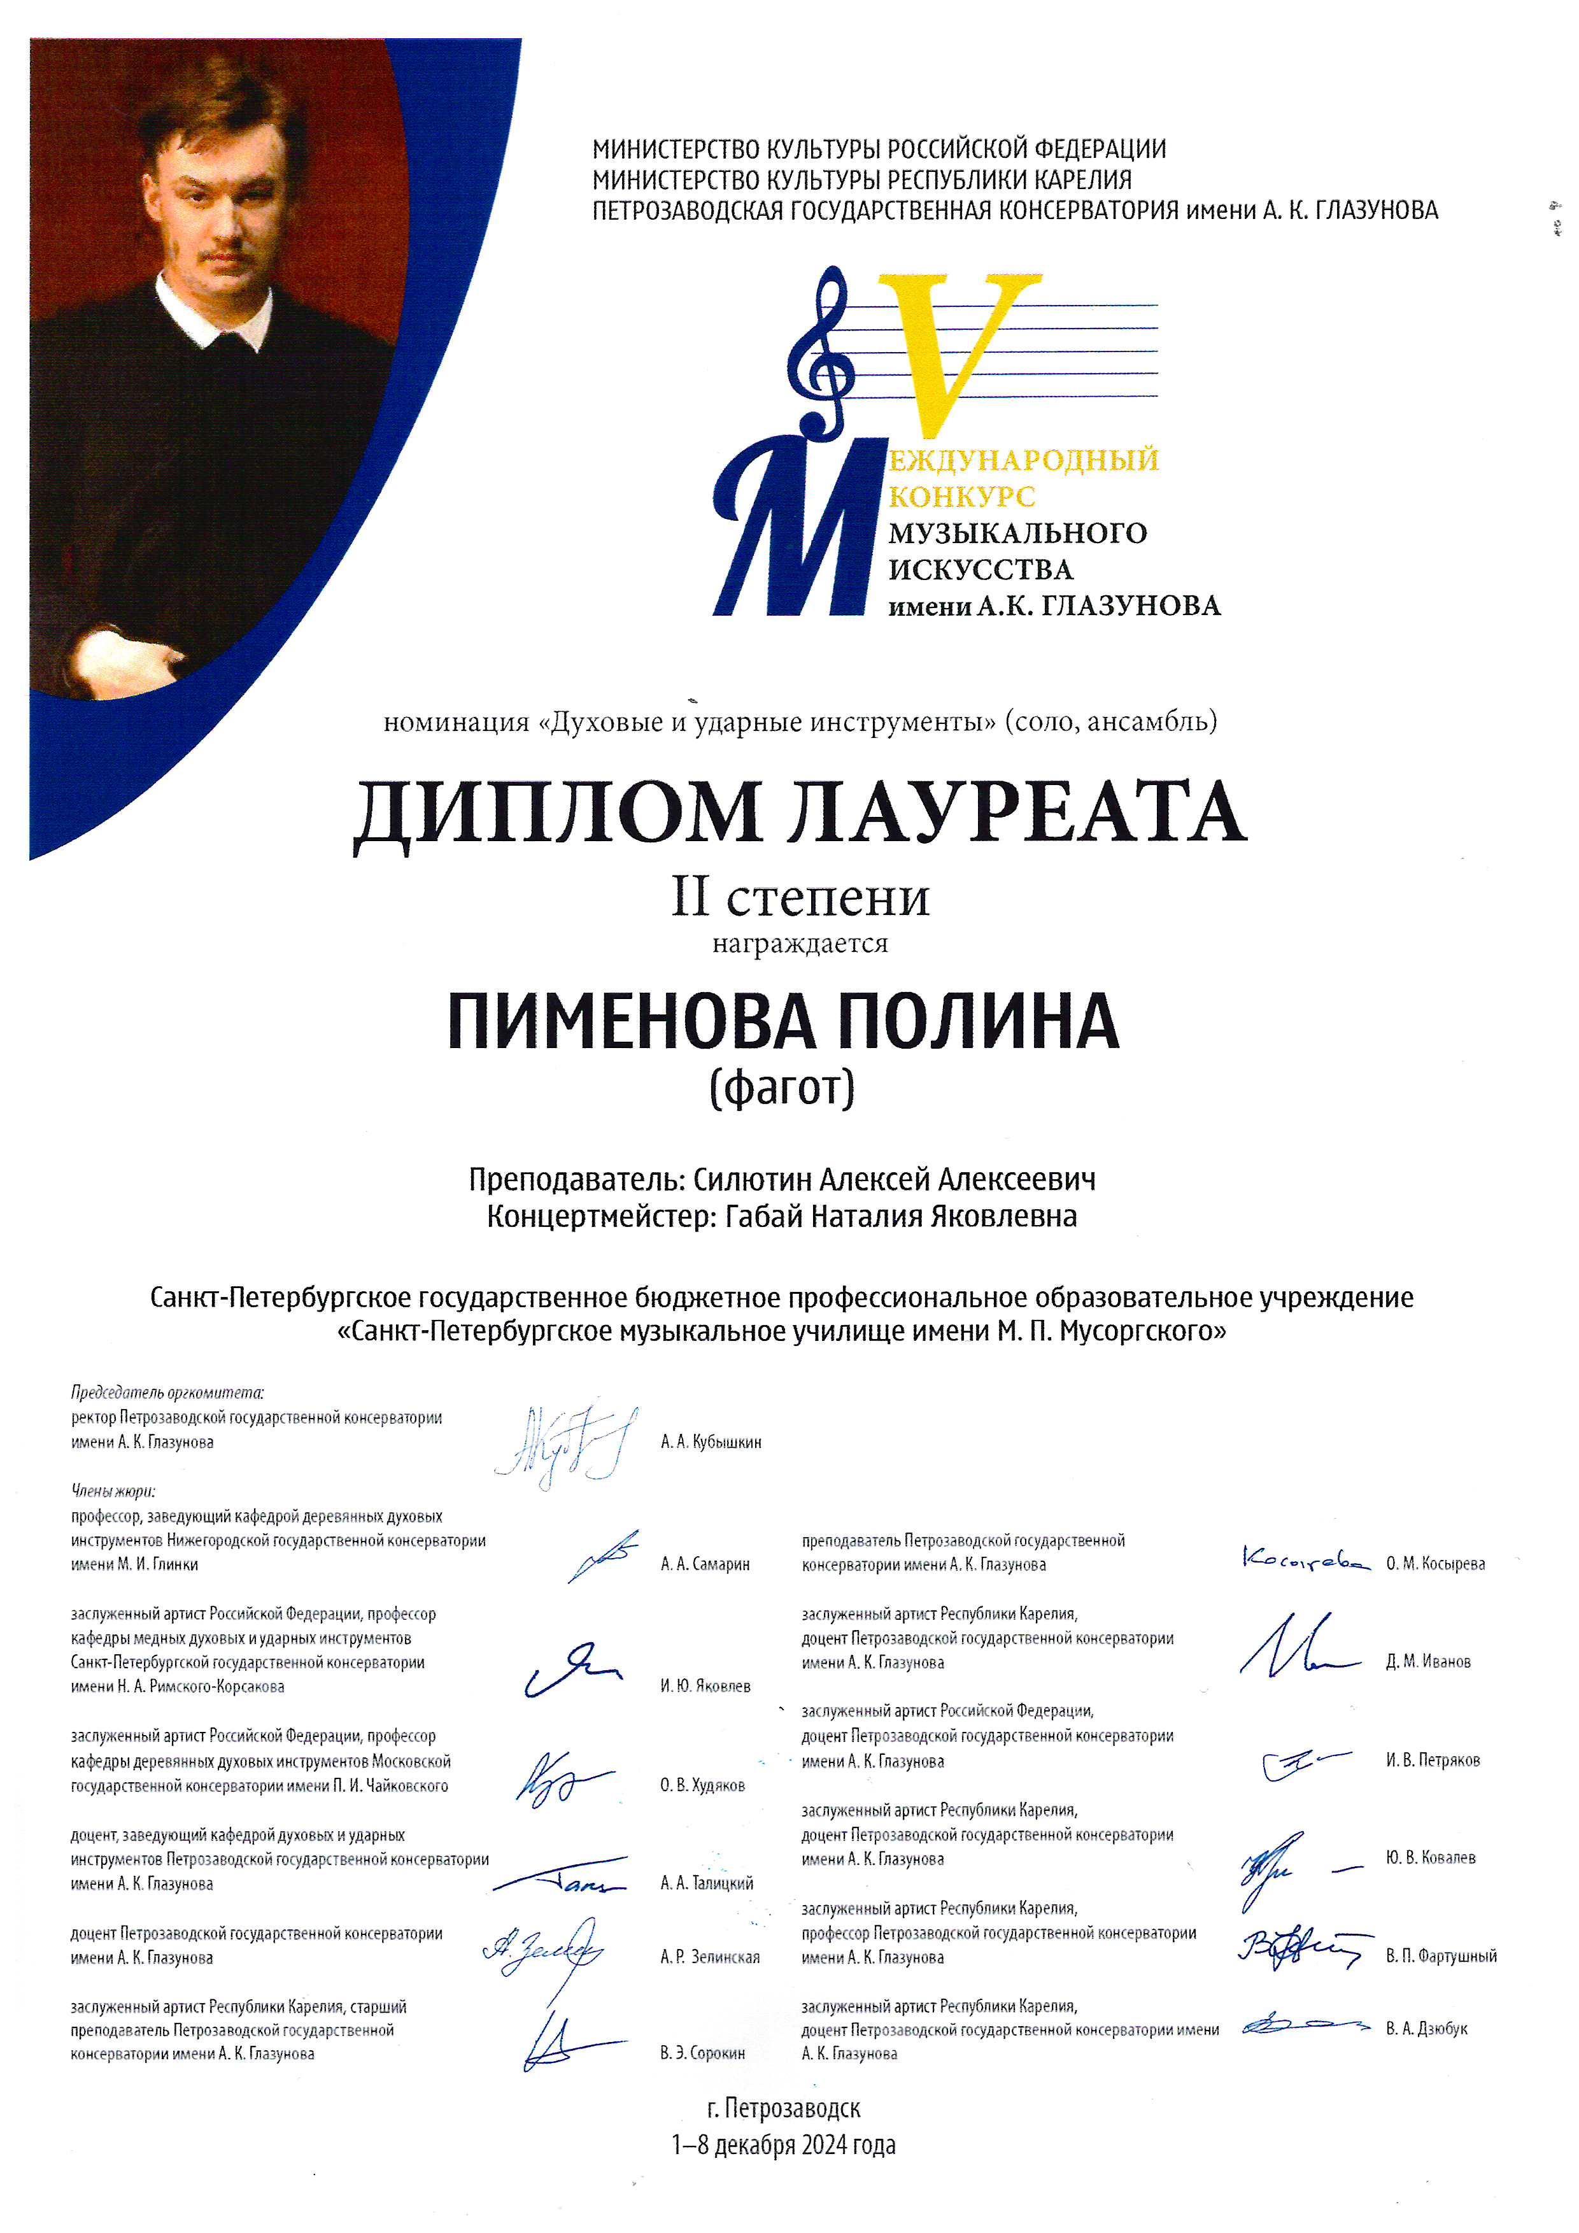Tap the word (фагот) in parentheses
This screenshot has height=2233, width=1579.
coord(782,1089)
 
